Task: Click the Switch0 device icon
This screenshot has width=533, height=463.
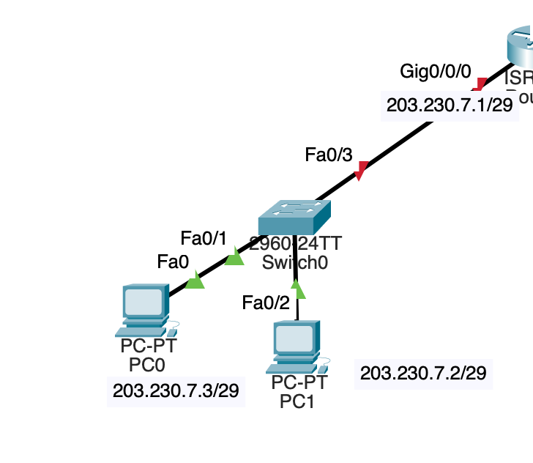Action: [x=294, y=218]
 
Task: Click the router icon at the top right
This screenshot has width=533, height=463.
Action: [x=521, y=48]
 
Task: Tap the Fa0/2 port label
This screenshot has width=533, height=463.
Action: [x=266, y=301]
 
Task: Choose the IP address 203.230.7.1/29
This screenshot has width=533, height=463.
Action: [x=449, y=105]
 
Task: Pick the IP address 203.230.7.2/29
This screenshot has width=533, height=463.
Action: [x=423, y=374]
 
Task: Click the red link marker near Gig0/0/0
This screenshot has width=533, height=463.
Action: [x=480, y=84]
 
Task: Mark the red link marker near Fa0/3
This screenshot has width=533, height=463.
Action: [x=360, y=173]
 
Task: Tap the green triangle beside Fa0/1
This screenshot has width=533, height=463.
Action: [x=234, y=257]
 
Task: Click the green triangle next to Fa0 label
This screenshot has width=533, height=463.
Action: [x=195, y=281]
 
